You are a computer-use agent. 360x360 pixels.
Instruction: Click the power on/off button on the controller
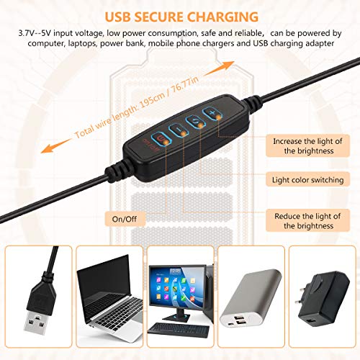click(161, 138)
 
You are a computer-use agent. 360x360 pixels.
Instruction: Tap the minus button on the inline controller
click(179, 130)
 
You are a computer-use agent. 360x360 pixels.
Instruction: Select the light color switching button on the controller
click(196, 121)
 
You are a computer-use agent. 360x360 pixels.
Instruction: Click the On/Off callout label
click(125, 219)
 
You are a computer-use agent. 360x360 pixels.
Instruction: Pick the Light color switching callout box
click(307, 179)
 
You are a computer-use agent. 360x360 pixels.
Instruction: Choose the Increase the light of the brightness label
click(307, 146)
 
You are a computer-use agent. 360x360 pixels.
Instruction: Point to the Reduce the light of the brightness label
click(307, 220)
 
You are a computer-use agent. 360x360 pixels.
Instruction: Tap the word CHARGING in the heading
click(222, 17)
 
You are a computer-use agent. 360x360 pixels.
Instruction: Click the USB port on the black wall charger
click(311, 322)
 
